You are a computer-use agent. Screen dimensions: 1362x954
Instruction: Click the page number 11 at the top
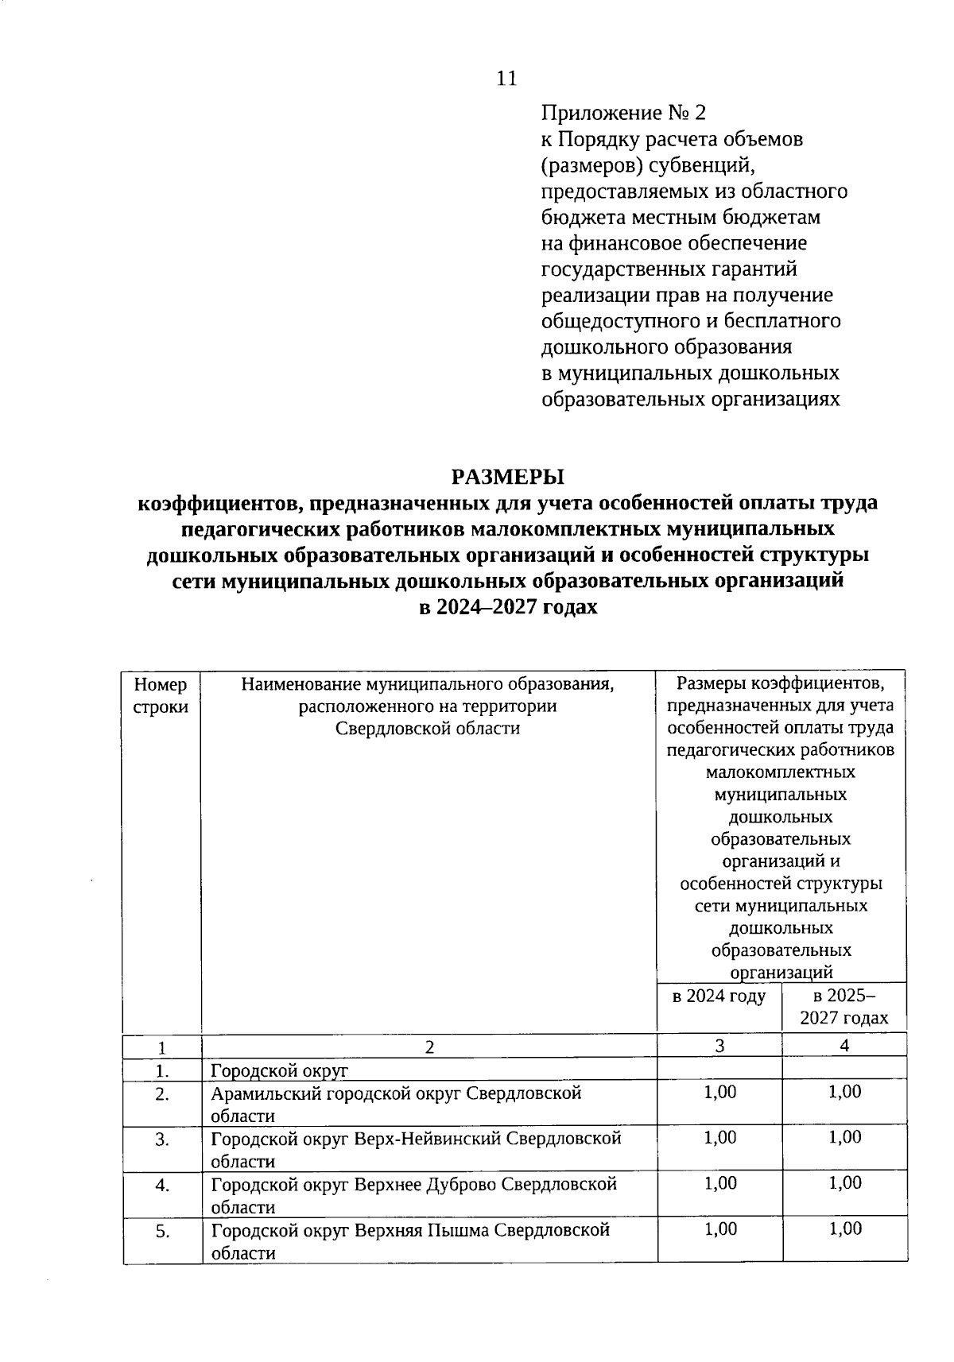click(506, 78)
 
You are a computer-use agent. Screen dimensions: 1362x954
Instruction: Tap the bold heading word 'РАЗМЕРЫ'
click(507, 477)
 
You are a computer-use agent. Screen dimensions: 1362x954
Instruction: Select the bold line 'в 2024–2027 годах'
click(507, 607)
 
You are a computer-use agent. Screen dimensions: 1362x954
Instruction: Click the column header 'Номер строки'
click(161, 695)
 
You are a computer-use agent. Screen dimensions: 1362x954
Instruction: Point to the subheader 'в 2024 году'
click(719, 996)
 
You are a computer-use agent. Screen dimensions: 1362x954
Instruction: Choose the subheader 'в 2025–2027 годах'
click(844, 1007)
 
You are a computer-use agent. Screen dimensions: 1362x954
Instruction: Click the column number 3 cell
click(719, 1046)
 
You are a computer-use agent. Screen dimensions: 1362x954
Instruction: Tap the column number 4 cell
click(844, 1046)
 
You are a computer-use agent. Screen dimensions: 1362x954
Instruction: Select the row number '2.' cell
click(162, 1094)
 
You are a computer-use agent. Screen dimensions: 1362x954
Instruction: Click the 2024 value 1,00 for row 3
click(719, 1138)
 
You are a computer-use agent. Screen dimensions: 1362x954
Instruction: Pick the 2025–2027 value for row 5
click(844, 1229)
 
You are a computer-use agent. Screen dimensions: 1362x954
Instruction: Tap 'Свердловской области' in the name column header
click(428, 728)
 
